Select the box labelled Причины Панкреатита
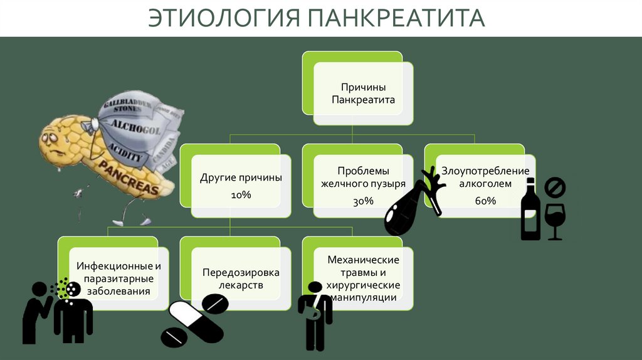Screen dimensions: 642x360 click(x=363, y=93)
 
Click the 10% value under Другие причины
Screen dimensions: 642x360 click(x=241, y=196)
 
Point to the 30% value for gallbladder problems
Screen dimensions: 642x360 click(x=363, y=201)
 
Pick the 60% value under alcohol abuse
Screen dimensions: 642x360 click(x=485, y=201)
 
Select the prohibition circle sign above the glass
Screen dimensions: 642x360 click(x=554, y=187)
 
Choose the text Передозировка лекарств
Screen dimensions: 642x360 click(x=241, y=278)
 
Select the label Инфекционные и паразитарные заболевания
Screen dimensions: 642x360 click(x=118, y=278)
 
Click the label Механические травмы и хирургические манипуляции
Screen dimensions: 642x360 click(x=363, y=278)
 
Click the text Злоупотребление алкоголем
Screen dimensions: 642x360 click(x=485, y=177)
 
